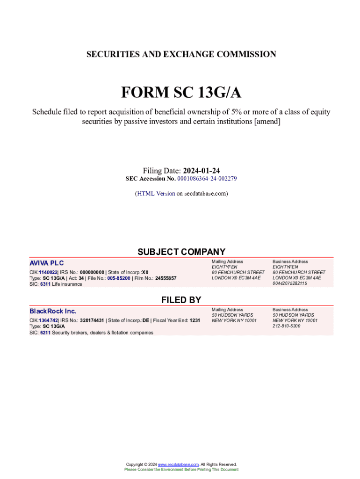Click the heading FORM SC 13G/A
pyautogui.click(x=181, y=93)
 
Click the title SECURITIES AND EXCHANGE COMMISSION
pyautogui.click(x=181, y=54)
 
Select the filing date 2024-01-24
pyautogui.click(x=202, y=171)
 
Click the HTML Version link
pyautogui.click(x=156, y=193)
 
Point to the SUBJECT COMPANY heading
pyautogui.click(x=181, y=252)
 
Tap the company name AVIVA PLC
pyautogui.click(x=47, y=263)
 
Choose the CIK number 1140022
pyautogui.click(x=48, y=272)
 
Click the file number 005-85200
pyautogui.click(x=119, y=278)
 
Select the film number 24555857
pyautogui.click(x=166, y=278)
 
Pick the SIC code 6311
pyautogui.click(x=45, y=284)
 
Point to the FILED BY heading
pyautogui.click(x=181, y=300)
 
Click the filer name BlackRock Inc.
pyautogui.click(x=53, y=311)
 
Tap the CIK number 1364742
pyautogui.click(x=48, y=320)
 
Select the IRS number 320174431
pyautogui.click(x=92, y=320)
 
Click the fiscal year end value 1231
pyautogui.click(x=195, y=320)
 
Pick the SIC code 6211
pyautogui.click(x=45, y=333)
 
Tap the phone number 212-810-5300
pyautogui.click(x=287, y=326)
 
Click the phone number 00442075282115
pyautogui.click(x=290, y=283)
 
